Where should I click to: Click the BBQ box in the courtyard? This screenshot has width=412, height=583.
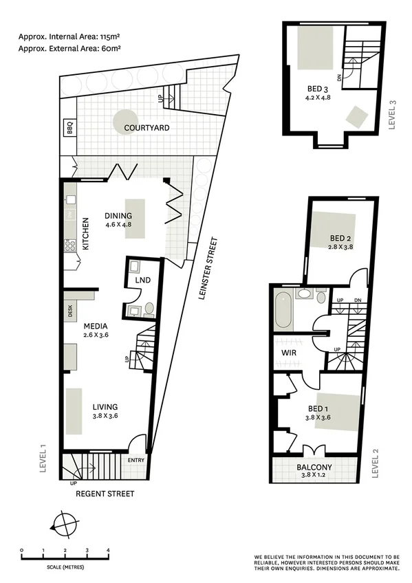point(69,127)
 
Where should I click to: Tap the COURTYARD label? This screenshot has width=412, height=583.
point(147,128)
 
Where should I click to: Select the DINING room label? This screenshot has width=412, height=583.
point(118,215)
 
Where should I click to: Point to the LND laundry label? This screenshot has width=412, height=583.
point(142,280)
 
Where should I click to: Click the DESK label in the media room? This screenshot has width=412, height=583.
point(69,311)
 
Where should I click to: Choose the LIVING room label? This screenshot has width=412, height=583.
point(105,407)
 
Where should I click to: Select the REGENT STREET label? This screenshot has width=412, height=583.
point(105,494)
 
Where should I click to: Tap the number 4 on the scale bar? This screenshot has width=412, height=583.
point(108,550)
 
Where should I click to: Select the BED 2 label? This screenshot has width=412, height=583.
point(340,238)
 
